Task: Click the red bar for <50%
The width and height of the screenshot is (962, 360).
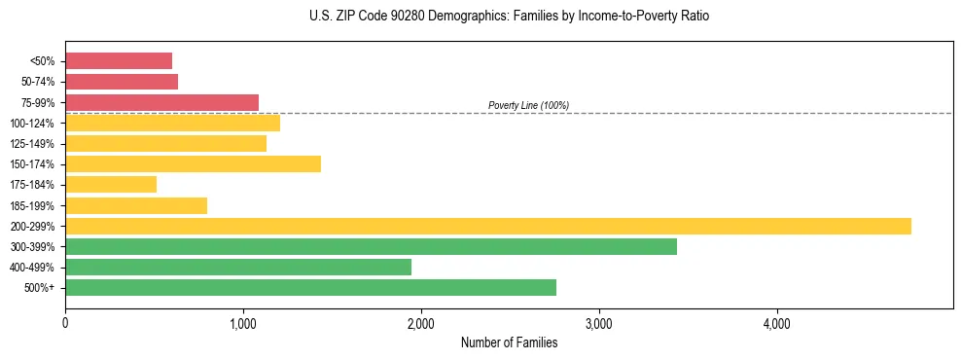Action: pos(119,61)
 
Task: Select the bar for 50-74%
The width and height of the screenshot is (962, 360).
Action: pos(122,82)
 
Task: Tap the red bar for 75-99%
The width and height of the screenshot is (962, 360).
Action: pos(161,102)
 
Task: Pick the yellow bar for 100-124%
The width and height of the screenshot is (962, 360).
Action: pos(172,123)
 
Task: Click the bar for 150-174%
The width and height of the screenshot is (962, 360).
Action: pos(193,163)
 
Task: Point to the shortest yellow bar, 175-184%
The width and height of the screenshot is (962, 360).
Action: pos(111,185)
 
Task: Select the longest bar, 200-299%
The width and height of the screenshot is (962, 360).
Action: pos(487,226)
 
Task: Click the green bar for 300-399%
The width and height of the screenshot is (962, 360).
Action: pos(371,246)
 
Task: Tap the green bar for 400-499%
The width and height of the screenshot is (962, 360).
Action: pos(238,267)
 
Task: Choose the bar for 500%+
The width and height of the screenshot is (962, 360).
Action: pos(310,287)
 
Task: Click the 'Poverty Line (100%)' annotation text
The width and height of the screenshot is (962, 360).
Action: pos(528,105)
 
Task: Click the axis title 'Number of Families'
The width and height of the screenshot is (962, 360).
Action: pos(509,342)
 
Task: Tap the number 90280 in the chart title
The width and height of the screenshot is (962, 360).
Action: pos(388,17)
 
